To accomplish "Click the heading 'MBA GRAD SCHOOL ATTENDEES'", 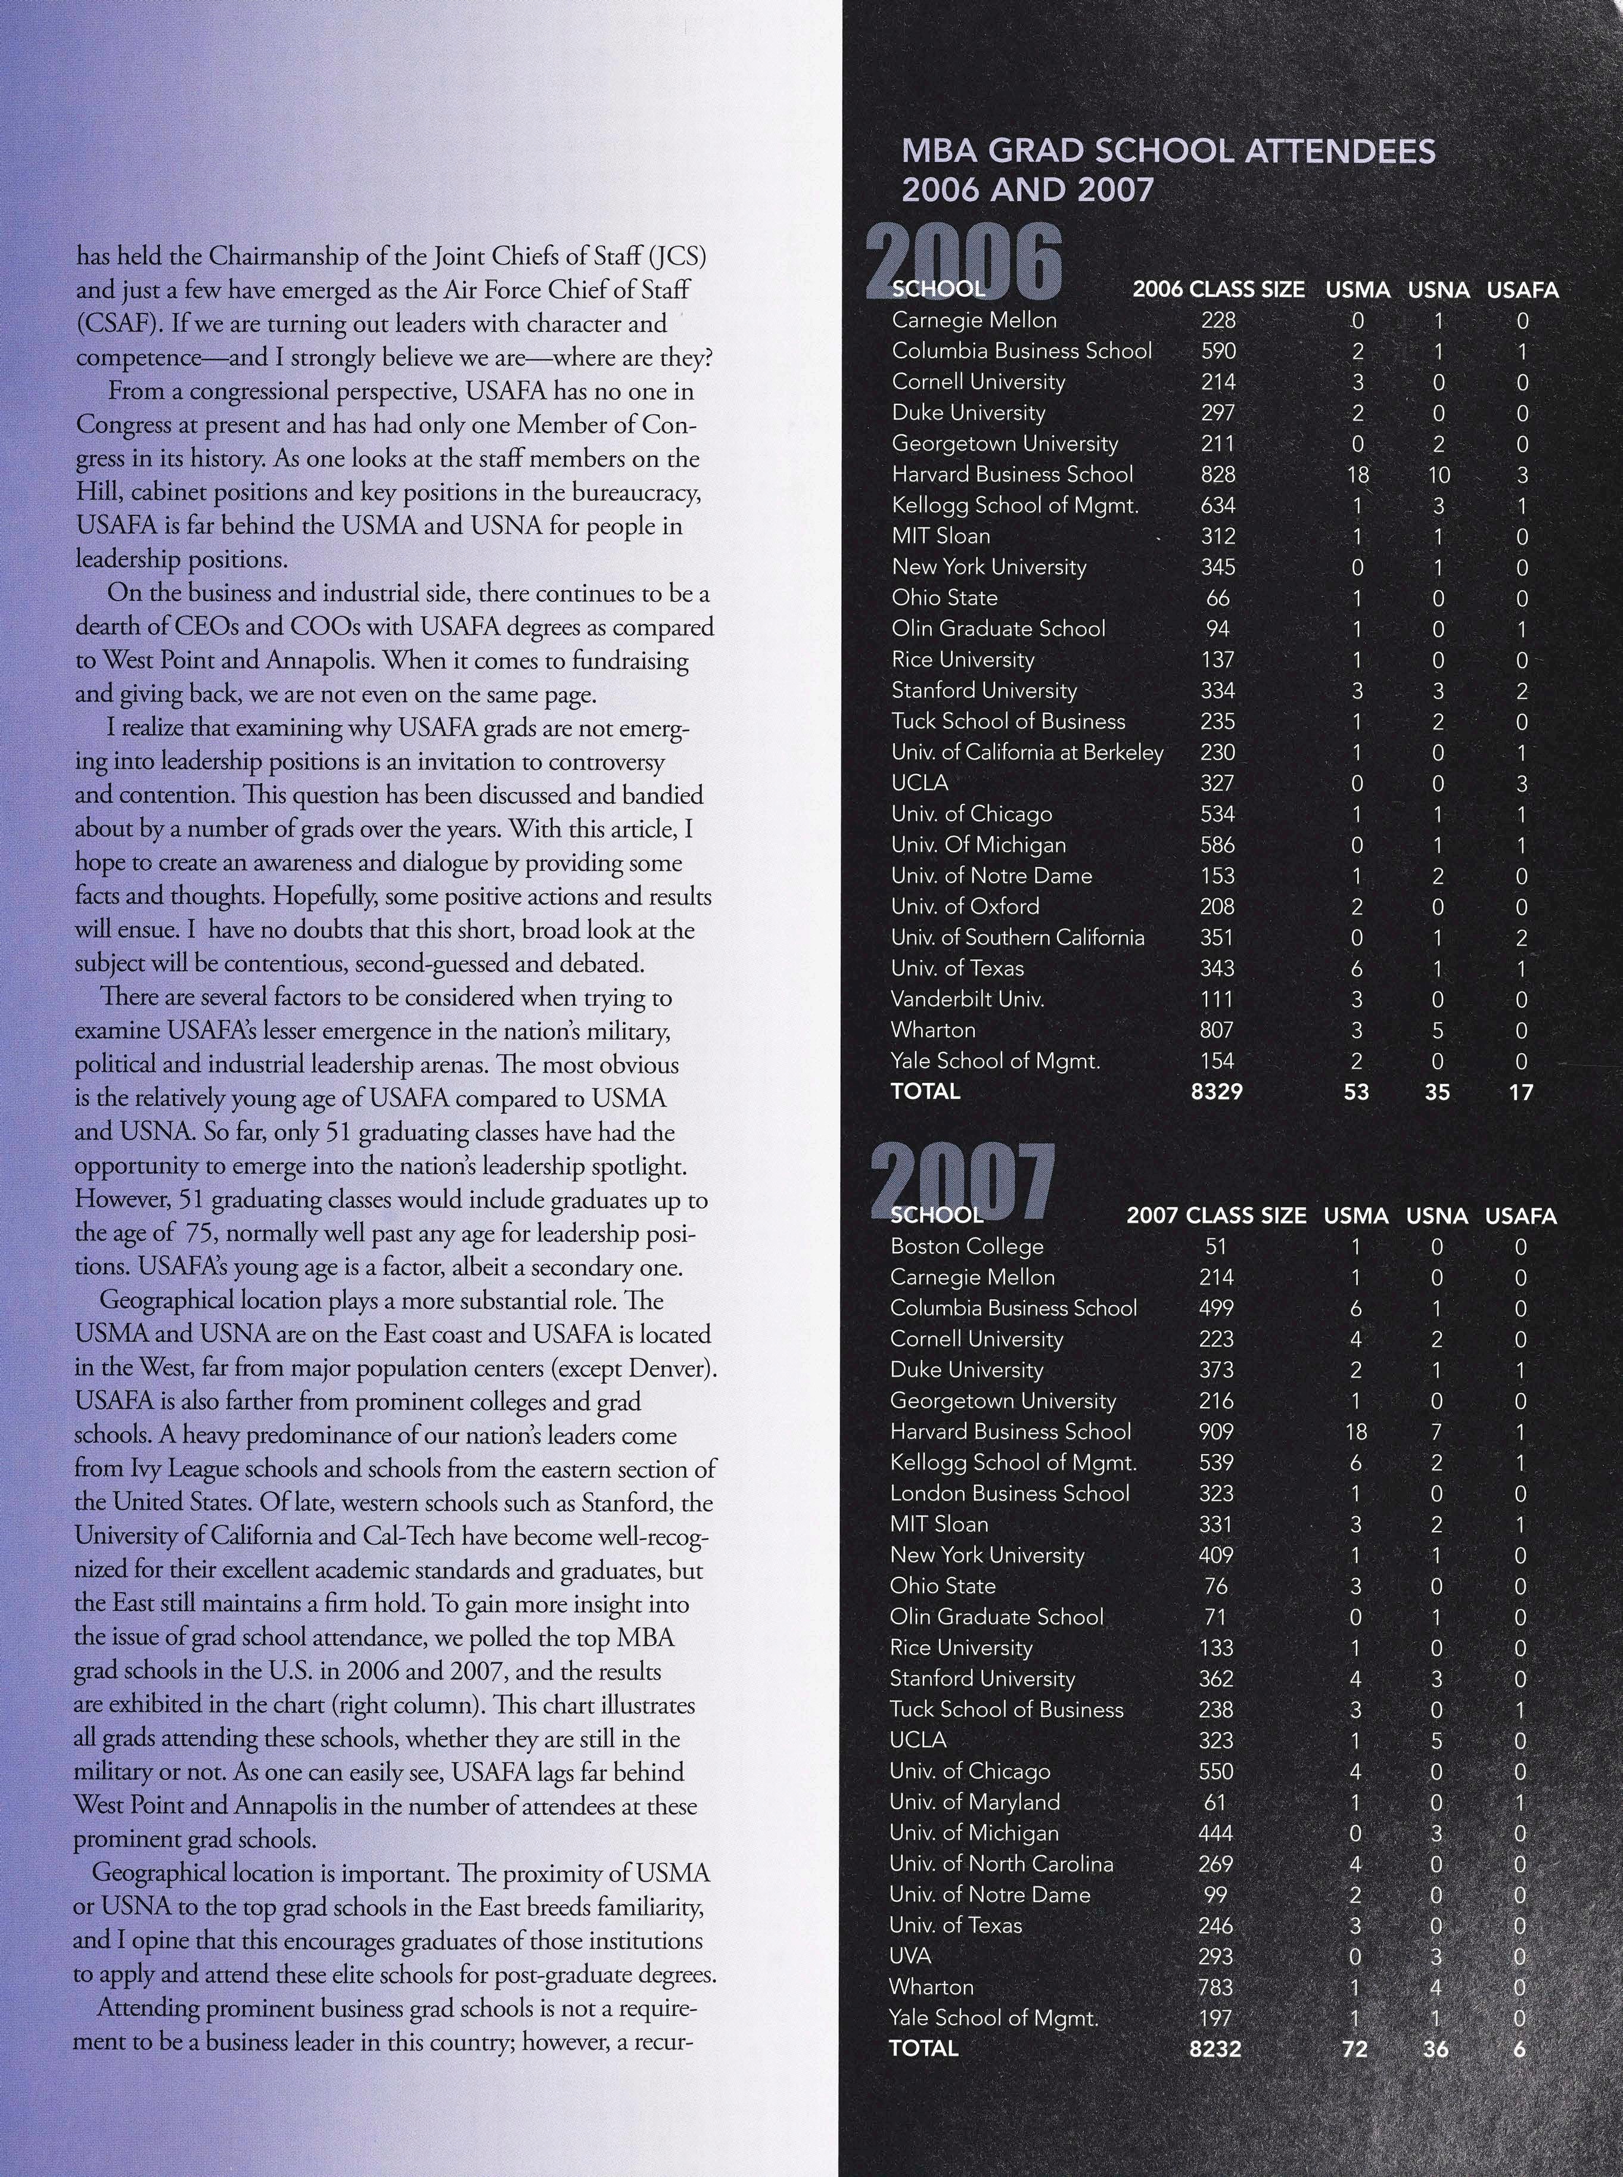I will tap(1168, 151).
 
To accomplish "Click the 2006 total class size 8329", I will tap(1216, 1091).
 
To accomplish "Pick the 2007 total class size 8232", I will tap(1215, 2048).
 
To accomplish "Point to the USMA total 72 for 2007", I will tap(1355, 2048).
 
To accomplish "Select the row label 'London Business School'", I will tap(1009, 1493).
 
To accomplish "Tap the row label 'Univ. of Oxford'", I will tap(965, 907).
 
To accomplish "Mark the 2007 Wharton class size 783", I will tap(1215, 1986).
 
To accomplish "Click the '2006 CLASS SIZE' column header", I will tap(1218, 290).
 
